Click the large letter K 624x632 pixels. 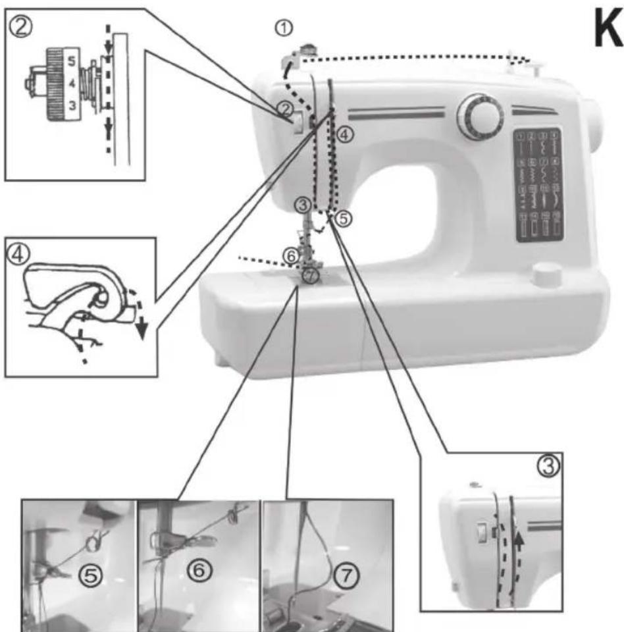pyautogui.click(x=604, y=31)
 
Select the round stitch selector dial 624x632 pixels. pyautogui.click(x=481, y=117)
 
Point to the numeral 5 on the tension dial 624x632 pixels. pyautogui.click(x=71, y=58)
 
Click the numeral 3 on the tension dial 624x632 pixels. pyautogui.click(x=71, y=105)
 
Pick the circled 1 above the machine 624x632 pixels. pyautogui.click(x=284, y=27)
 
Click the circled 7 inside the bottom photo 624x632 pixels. pyautogui.click(x=344, y=577)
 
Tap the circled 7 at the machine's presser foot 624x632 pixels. pyautogui.click(x=311, y=276)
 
